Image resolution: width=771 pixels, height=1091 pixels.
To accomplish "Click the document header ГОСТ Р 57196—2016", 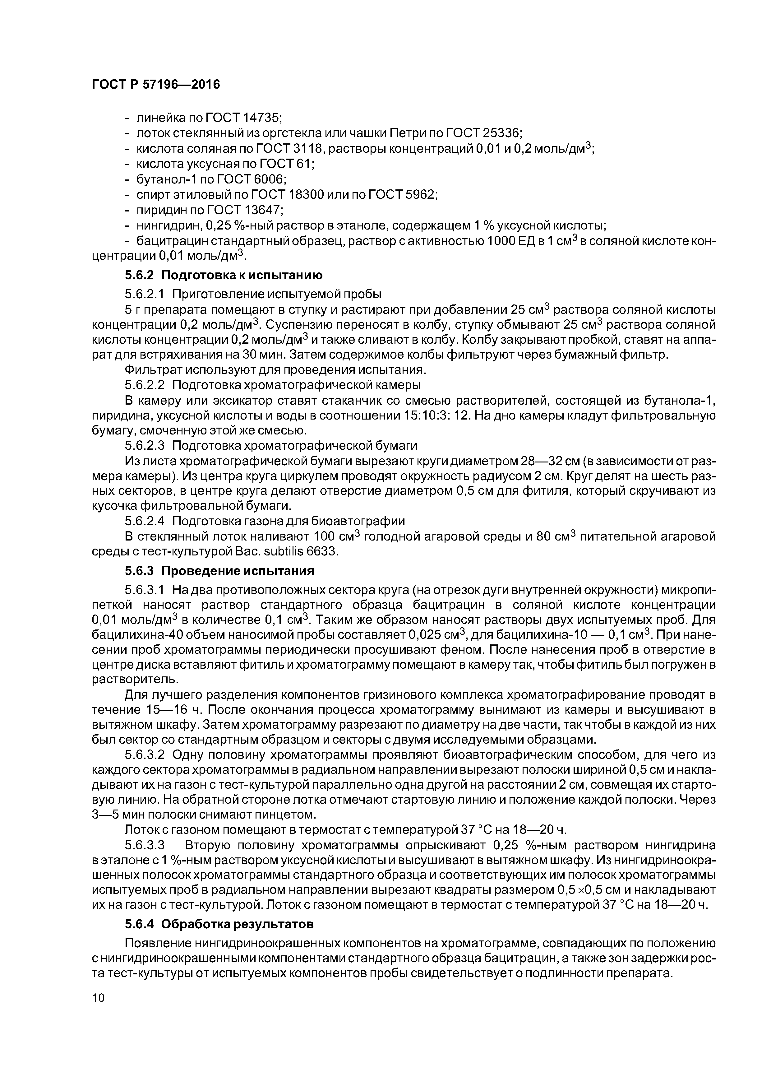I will point(156,85).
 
